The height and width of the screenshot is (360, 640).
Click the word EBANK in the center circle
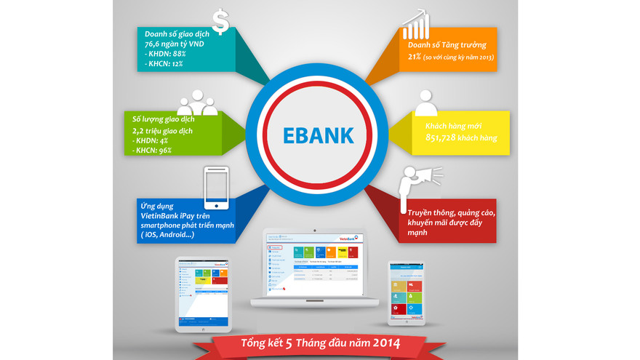[x=319, y=135]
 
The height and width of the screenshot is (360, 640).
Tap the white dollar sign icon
[x=220, y=23]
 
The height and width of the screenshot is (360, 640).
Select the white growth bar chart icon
[x=415, y=25]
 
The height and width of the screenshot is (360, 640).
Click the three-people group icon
[x=197, y=103]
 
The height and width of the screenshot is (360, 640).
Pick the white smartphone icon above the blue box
[x=215, y=185]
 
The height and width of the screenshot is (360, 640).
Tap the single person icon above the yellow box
[x=425, y=103]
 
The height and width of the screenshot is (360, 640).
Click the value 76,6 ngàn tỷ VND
[x=175, y=45]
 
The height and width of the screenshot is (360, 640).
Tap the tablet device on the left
[x=203, y=294]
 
